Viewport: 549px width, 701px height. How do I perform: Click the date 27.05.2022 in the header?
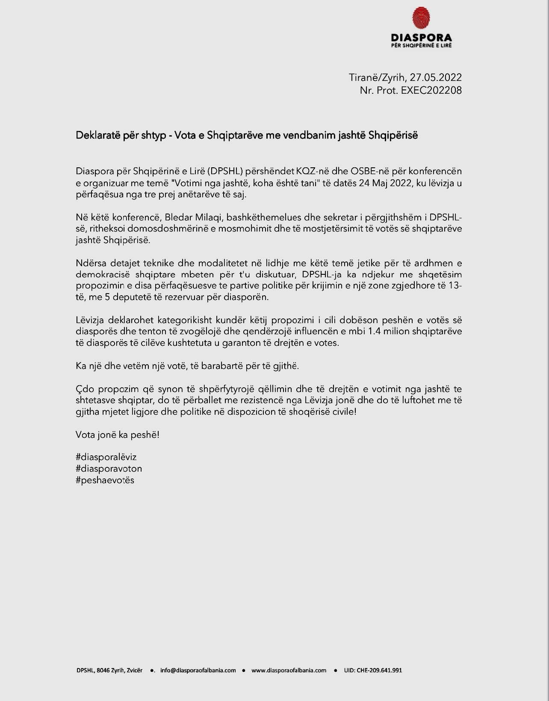(436, 77)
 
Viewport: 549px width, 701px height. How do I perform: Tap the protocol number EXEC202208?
(431, 90)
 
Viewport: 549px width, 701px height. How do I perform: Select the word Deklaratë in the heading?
(96, 135)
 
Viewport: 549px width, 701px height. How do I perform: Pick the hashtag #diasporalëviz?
(106, 457)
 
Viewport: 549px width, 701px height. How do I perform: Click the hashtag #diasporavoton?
(109, 469)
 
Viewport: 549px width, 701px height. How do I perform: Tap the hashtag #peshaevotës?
(105, 480)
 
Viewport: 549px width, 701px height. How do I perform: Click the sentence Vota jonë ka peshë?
(118, 435)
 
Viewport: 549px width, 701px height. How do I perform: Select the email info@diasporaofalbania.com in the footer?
(198, 670)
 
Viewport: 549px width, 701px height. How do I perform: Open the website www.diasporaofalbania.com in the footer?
(289, 670)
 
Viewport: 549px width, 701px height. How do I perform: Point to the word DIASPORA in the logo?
(421, 38)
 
